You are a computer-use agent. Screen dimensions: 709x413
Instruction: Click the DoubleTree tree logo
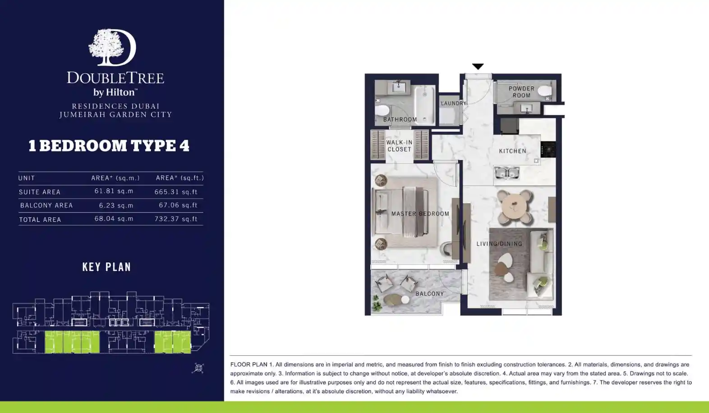[x=112, y=47]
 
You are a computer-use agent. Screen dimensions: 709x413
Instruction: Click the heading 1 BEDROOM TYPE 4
[x=109, y=146]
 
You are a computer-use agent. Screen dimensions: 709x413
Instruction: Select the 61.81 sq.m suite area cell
[x=114, y=191]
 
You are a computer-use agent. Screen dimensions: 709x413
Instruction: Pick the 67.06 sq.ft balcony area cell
[x=178, y=205]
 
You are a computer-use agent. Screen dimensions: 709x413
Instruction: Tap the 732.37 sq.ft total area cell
[x=176, y=219]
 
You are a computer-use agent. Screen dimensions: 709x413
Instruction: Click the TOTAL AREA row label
[x=40, y=220]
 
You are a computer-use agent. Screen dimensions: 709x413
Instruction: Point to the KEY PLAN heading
[x=107, y=267]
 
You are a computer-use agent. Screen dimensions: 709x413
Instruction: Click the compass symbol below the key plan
[x=198, y=368]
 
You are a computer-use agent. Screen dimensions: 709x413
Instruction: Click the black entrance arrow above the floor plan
[x=478, y=66]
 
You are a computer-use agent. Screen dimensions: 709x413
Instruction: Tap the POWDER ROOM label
[x=522, y=92]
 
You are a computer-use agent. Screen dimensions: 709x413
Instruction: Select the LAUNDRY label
[x=454, y=103]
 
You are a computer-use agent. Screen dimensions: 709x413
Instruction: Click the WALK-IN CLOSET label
[x=400, y=146]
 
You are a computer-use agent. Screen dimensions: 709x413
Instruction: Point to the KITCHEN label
[x=513, y=151]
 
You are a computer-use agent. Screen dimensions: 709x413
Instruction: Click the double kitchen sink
[x=507, y=173]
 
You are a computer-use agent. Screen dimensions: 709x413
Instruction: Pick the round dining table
[x=515, y=206]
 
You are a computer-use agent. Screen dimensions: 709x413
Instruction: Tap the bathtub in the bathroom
[x=425, y=105]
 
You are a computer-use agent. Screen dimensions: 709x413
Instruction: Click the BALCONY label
[x=429, y=294]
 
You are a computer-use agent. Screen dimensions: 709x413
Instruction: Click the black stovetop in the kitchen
[x=548, y=149]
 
